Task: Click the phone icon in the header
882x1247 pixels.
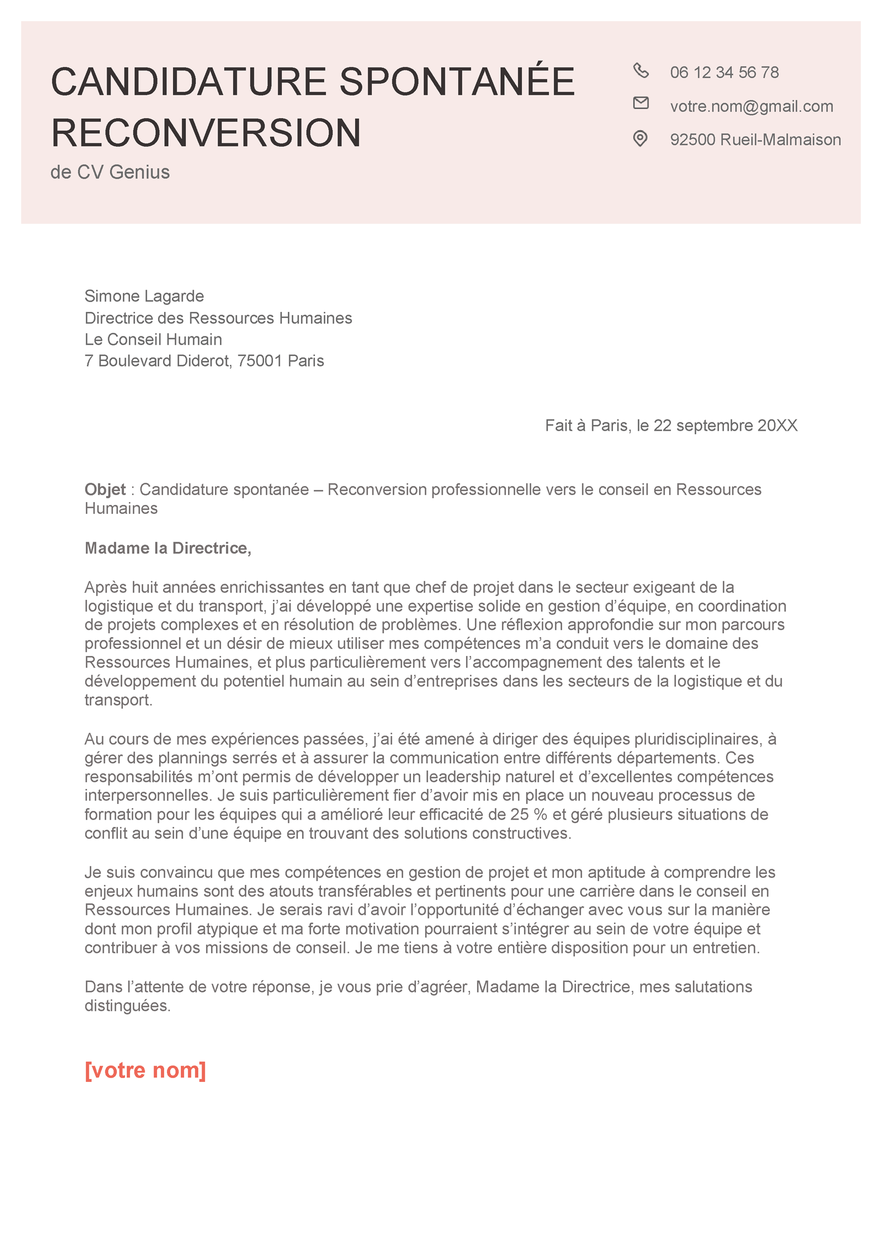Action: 641,70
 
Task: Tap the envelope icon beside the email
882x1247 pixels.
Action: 641,103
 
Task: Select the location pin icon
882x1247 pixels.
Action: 640,138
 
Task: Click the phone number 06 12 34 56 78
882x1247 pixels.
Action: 724,73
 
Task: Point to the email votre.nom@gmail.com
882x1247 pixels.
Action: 751,106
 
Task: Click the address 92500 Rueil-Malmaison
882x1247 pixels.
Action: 755,139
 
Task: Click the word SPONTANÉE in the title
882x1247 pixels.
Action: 457,82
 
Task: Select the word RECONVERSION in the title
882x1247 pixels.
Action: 206,133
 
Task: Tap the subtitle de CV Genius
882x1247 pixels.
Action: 110,172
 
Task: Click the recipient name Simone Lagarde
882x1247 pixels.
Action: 144,296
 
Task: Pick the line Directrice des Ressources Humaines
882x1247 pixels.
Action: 218,318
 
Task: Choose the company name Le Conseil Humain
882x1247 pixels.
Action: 153,339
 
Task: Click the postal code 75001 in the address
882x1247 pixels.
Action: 260,361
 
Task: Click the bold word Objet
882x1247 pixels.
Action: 105,489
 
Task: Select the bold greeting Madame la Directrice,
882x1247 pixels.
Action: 168,548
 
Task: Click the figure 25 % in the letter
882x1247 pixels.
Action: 528,814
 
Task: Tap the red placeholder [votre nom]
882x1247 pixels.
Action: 145,1070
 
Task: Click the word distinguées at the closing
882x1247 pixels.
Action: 127,1005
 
